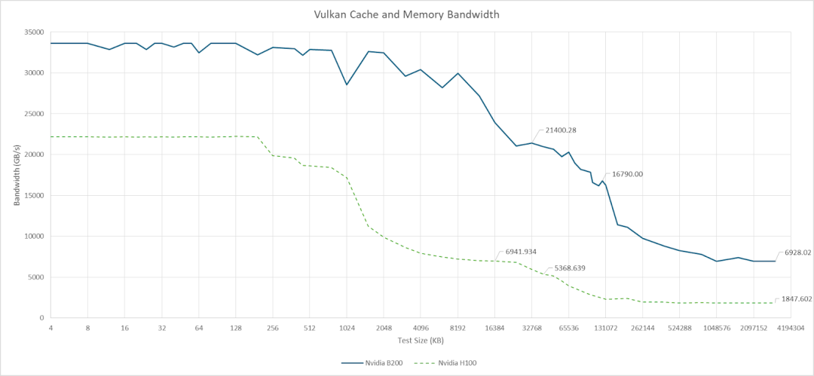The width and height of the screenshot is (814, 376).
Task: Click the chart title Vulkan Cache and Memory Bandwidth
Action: coord(406,14)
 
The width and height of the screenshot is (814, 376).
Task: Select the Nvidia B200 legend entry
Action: coord(372,363)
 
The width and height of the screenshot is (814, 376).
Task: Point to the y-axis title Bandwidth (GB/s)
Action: coord(17,175)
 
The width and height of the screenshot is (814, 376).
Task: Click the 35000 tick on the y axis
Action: coord(33,32)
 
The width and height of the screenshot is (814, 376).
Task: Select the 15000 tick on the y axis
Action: coord(33,195)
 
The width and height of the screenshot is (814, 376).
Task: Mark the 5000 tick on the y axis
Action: coord(35,277)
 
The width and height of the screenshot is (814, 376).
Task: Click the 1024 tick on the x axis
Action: coord(347,329)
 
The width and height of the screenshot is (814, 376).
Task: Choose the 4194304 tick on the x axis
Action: coord(790,329)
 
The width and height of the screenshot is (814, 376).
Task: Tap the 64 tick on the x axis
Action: coord(199,329)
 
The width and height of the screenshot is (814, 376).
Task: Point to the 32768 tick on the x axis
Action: coord(531,329)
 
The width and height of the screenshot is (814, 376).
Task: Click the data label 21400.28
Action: coord(556,130)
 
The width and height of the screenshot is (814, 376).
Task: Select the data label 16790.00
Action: coord(627,174)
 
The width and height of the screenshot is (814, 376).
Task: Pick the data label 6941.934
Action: coord(516,252)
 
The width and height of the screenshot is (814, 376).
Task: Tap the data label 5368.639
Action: coord(570,268)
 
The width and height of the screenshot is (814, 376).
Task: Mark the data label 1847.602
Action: coord(797,299)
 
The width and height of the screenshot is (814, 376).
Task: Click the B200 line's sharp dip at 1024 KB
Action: coord(347,84)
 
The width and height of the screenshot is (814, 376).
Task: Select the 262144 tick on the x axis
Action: coord(642,329)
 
